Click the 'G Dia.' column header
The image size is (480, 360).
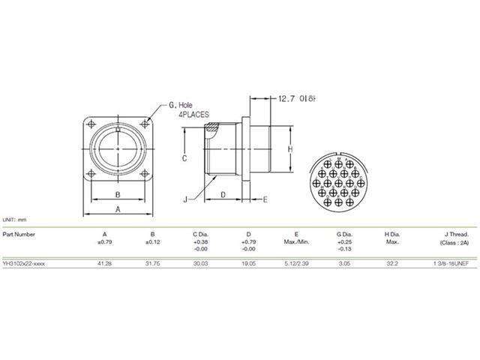pos(344,234)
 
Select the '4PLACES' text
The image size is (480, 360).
pos(193,116)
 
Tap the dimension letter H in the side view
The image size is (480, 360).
pos(289,149)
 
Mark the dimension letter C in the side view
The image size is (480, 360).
pos(184,159)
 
